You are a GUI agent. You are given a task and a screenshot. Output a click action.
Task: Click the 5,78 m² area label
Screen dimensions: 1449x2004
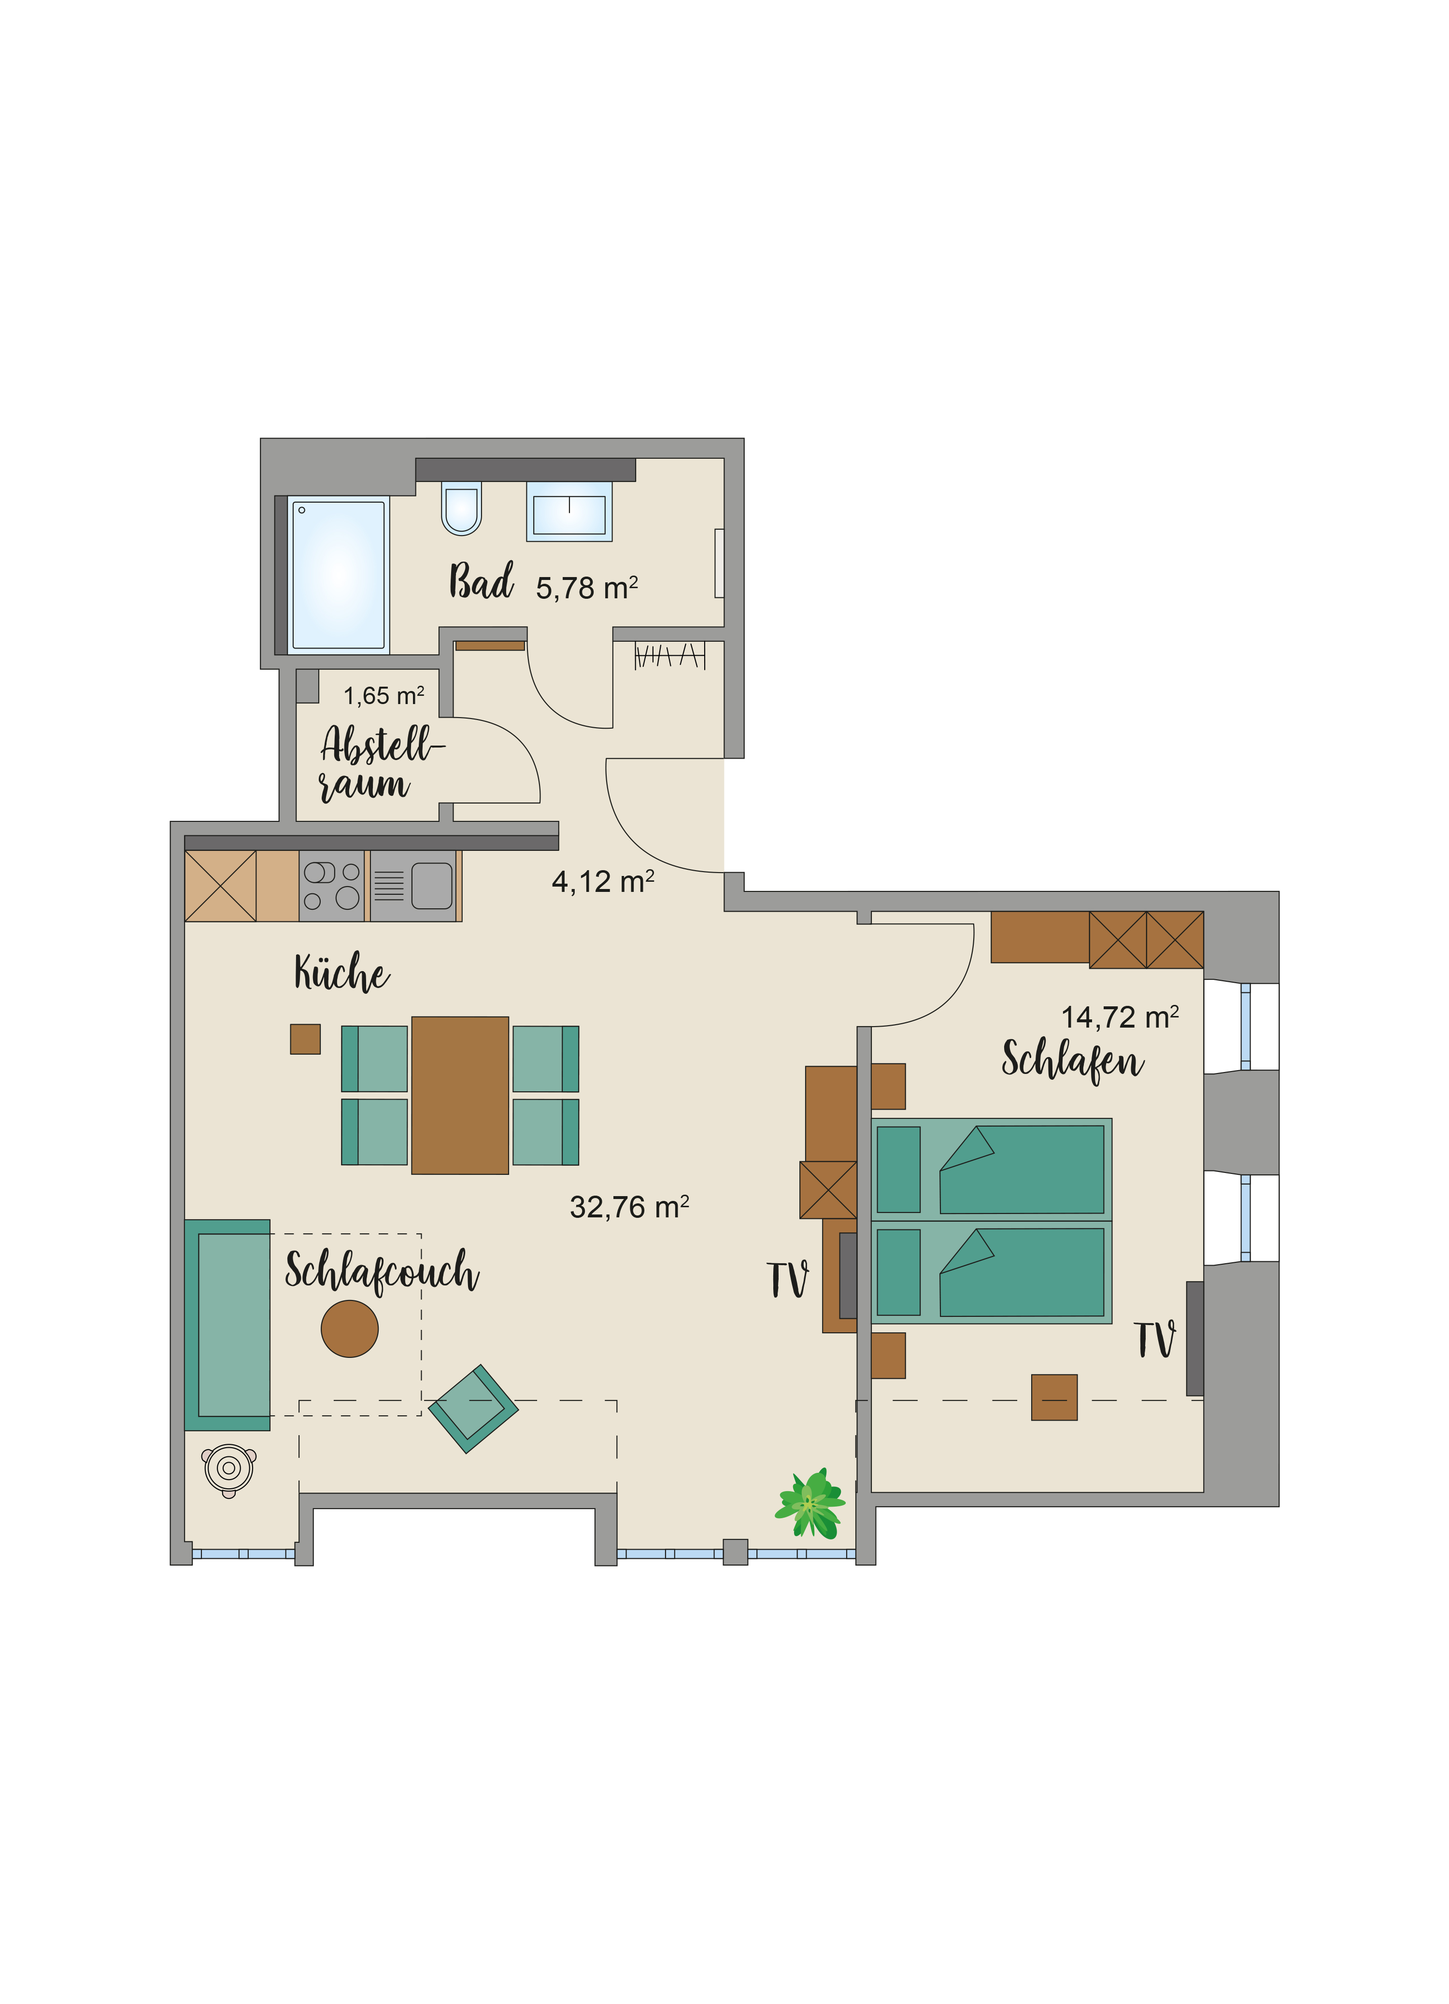[587, 588]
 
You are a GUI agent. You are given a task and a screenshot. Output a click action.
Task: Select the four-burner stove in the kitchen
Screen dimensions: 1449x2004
[331, 885]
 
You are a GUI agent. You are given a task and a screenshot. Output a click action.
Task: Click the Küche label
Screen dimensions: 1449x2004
[342, 972]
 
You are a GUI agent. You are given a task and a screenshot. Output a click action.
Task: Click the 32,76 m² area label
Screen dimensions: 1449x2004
[629, 1207]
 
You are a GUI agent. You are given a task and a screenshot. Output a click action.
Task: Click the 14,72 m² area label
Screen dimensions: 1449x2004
[1120, 1017]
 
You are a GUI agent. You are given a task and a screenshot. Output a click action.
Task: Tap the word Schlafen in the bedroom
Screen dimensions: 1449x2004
[1073, 1059]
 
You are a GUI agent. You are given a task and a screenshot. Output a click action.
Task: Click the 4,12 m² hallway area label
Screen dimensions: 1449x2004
[603, 882]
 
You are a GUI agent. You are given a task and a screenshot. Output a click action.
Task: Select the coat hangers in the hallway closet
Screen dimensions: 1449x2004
[670, 656]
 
